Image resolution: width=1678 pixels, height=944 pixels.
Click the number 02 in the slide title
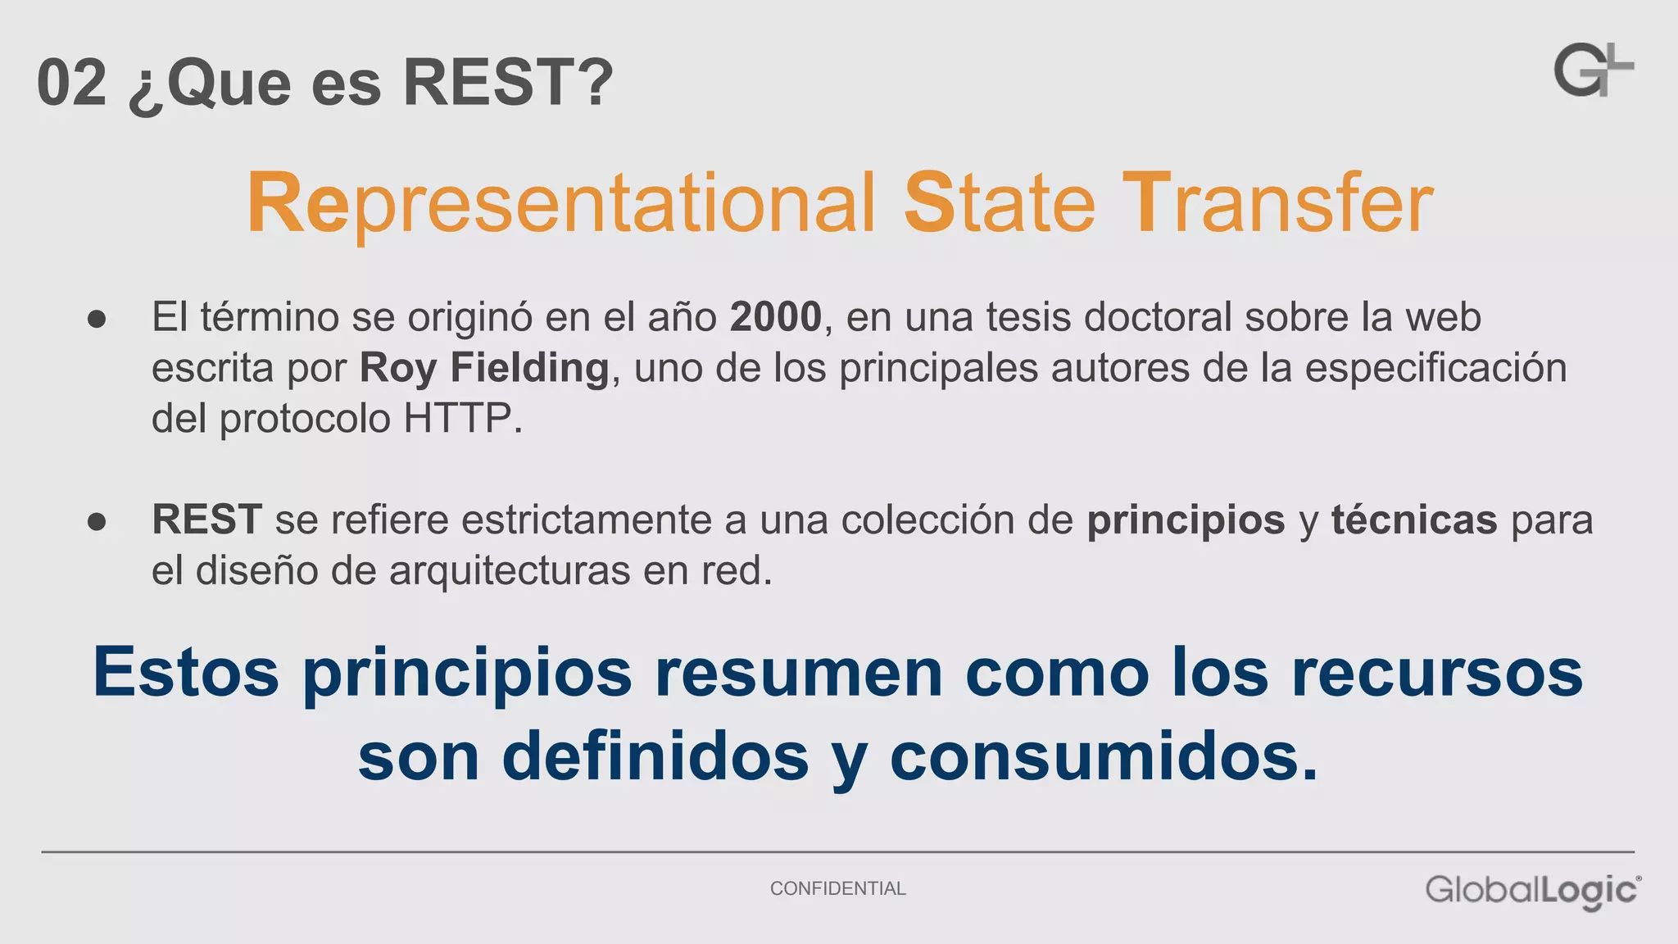click(72, 83)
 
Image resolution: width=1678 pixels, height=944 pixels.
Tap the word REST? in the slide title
click(508, 83)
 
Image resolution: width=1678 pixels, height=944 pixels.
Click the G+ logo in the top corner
click(1593, 70)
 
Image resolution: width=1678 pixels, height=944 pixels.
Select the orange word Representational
click(561, 203)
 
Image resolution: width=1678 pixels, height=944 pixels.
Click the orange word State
click(999, 203)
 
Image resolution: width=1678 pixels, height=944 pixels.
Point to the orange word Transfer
click(1277, 203)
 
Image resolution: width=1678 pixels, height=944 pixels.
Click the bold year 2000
click(775, 317)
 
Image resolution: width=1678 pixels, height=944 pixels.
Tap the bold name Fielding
click(529, 368)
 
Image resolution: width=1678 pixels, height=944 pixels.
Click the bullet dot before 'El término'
click(97, 320)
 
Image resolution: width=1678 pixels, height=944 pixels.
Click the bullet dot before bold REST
click(97, 522)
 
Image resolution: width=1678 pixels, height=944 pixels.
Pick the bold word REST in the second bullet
click(206, 520)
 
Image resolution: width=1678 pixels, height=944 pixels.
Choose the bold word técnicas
click(1414, 520)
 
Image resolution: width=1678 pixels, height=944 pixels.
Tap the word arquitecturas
click(510, 571)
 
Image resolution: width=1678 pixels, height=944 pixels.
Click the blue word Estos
click(186, 672)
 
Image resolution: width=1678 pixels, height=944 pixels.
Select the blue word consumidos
click(1104, 756)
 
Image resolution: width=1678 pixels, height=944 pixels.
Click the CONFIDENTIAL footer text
click(837, 888)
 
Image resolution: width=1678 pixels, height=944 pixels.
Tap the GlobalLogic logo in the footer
click(1532, 891)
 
